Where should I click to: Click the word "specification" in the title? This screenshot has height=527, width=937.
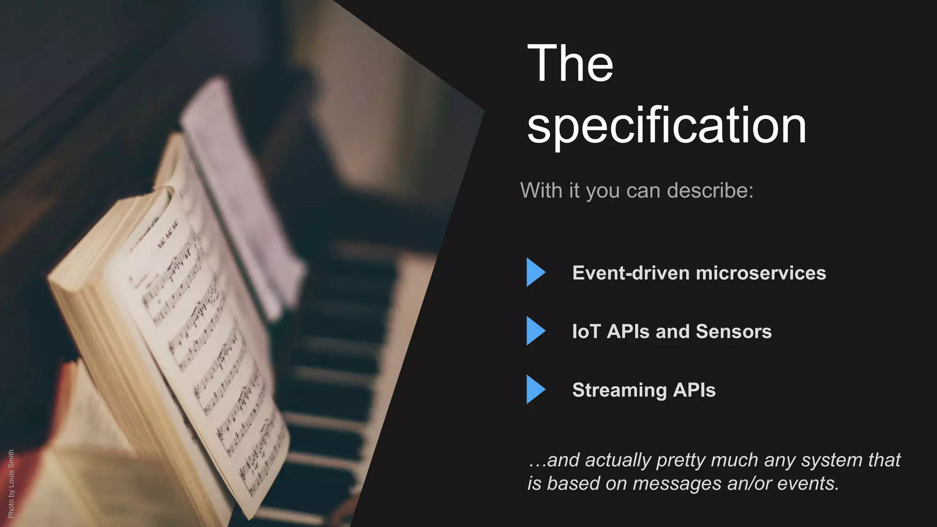coord(667,125)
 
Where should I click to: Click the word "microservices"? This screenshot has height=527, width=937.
coord(761,273)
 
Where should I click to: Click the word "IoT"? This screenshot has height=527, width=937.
coord(586,332)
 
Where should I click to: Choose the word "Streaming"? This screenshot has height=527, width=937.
coord(619,390)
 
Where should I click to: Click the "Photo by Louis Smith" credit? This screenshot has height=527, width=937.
coord(11,484)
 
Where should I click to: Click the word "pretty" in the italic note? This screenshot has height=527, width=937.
coord(679,460)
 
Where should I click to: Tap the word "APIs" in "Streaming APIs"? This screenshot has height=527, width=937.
coord(694,390)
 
